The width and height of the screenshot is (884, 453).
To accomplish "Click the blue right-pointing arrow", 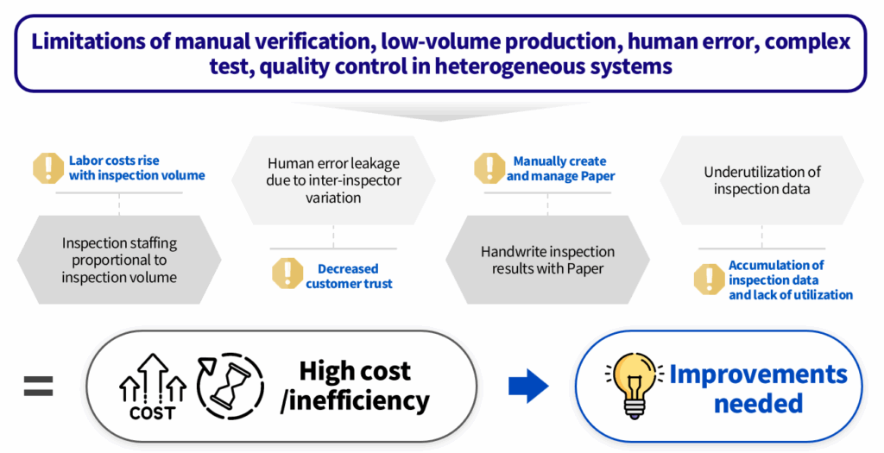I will (528, 386).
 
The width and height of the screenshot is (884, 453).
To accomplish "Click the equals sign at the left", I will (38, 386).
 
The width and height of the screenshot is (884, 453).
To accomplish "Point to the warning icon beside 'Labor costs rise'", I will (47, 168).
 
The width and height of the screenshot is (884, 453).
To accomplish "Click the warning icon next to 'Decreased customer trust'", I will (287, 274).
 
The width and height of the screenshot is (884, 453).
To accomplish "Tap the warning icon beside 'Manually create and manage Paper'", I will (489, 168).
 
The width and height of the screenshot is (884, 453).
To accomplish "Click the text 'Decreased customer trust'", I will (348, 276).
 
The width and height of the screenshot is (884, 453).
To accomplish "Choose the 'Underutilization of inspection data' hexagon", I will (761, 179).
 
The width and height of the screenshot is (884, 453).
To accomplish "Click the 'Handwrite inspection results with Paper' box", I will (547, 260).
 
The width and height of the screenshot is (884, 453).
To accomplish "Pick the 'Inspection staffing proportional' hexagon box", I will (119, 260).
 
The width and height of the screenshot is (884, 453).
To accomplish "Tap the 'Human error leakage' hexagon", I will (333, 179).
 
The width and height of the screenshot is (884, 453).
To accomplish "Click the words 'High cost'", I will (355, 371).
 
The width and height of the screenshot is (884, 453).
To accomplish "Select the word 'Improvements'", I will (758, 374).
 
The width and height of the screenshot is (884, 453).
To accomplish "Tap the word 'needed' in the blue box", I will (759, 402).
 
